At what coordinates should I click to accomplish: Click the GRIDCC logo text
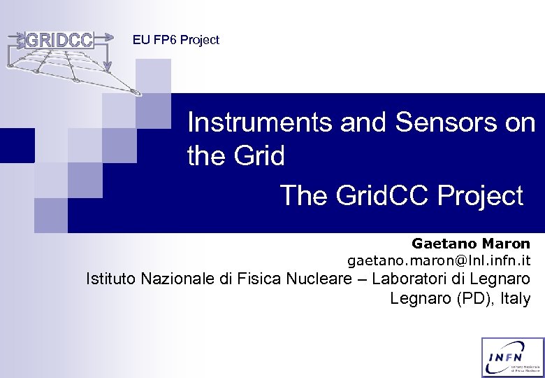[x=59, y=41]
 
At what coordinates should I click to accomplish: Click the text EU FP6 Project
[x=175, y=41]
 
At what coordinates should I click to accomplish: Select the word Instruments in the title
[x=261, y=123]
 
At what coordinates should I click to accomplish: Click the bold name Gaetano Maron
[x=470, y=244]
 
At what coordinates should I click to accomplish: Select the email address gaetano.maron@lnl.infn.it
[x=439, y=261]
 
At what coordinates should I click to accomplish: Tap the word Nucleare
[x=329, y=279]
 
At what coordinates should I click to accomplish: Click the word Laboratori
[x=409, y=279]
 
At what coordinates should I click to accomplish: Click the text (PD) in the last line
[x=455, y=299]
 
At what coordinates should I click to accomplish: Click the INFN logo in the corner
[x=512, y=357]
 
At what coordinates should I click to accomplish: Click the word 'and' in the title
[x=364, y=123]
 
